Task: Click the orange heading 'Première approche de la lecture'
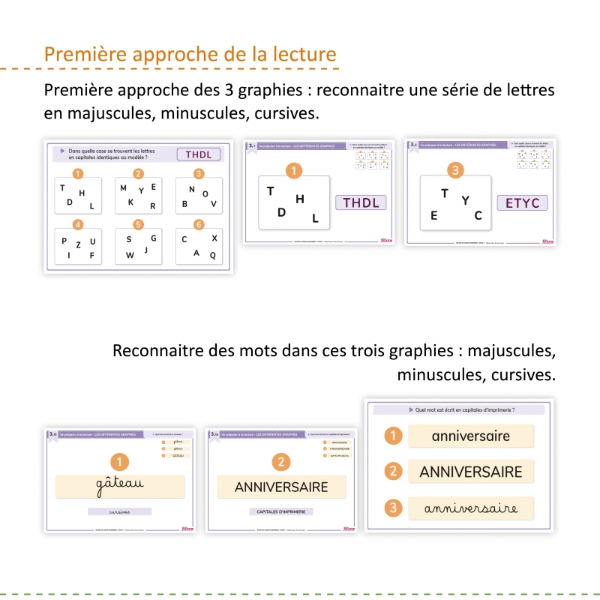190,55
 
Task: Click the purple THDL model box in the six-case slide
199,155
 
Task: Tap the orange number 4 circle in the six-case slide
77,224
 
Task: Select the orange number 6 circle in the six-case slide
199,224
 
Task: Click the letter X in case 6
214,238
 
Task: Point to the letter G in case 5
153,238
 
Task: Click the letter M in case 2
123,188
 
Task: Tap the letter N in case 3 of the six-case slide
192,189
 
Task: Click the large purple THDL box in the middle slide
361,202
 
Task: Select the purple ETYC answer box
522,202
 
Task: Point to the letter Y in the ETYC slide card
465,200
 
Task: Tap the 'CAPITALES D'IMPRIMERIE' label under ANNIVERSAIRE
281,511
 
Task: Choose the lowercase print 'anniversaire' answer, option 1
470,436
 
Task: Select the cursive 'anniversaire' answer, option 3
470,508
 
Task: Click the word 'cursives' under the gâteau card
119,511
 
